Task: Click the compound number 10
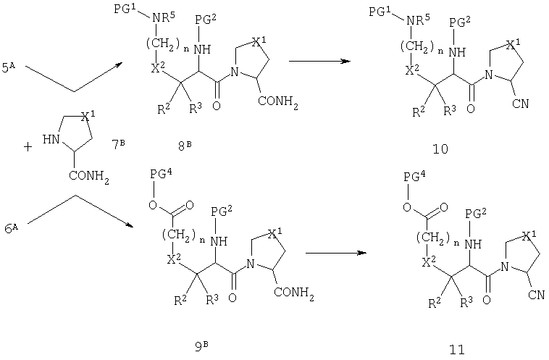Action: [440, 149]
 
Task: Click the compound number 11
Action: [457, 349]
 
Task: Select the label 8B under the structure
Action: [185, 146]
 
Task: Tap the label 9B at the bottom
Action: [201, 346]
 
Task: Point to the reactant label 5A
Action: [9, 67]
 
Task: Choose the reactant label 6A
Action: [11, 229]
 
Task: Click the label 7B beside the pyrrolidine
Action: [118, 144]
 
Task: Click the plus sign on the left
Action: [28, 147]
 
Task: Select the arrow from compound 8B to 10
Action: [319, 61]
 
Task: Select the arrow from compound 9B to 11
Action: [336, 253]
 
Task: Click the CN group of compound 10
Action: [520, 104]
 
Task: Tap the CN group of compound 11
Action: [537, 295]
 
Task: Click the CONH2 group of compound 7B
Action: [89, 176]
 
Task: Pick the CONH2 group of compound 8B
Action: [278, 102]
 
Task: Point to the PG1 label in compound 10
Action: [380, 11]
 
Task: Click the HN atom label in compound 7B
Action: [51, 140]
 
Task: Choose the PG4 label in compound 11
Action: [414, 177]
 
